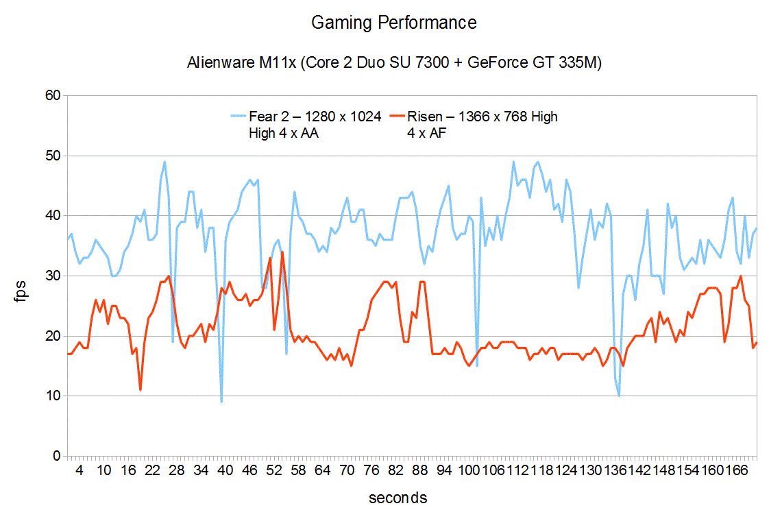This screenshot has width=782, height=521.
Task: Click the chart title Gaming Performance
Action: pos(393,23)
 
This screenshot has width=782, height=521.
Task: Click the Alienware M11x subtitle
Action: pos(394,64)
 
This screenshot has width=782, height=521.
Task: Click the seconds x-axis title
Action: pos(398,498)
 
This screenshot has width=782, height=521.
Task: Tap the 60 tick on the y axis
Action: pos(54,96)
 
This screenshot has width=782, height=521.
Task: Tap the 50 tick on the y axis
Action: pos(54,156)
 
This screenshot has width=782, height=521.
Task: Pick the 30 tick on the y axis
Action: pos(54,276)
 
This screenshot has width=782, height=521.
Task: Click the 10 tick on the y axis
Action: pos(54,396)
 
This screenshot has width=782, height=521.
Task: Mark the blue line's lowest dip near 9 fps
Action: pos(221,402)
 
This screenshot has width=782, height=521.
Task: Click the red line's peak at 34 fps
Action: pos(282,252)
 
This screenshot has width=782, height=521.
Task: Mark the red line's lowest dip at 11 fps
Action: pos(140,390)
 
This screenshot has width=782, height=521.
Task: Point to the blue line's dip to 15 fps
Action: pos(476,366)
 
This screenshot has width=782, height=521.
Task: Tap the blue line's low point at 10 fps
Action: pos(619,396)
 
